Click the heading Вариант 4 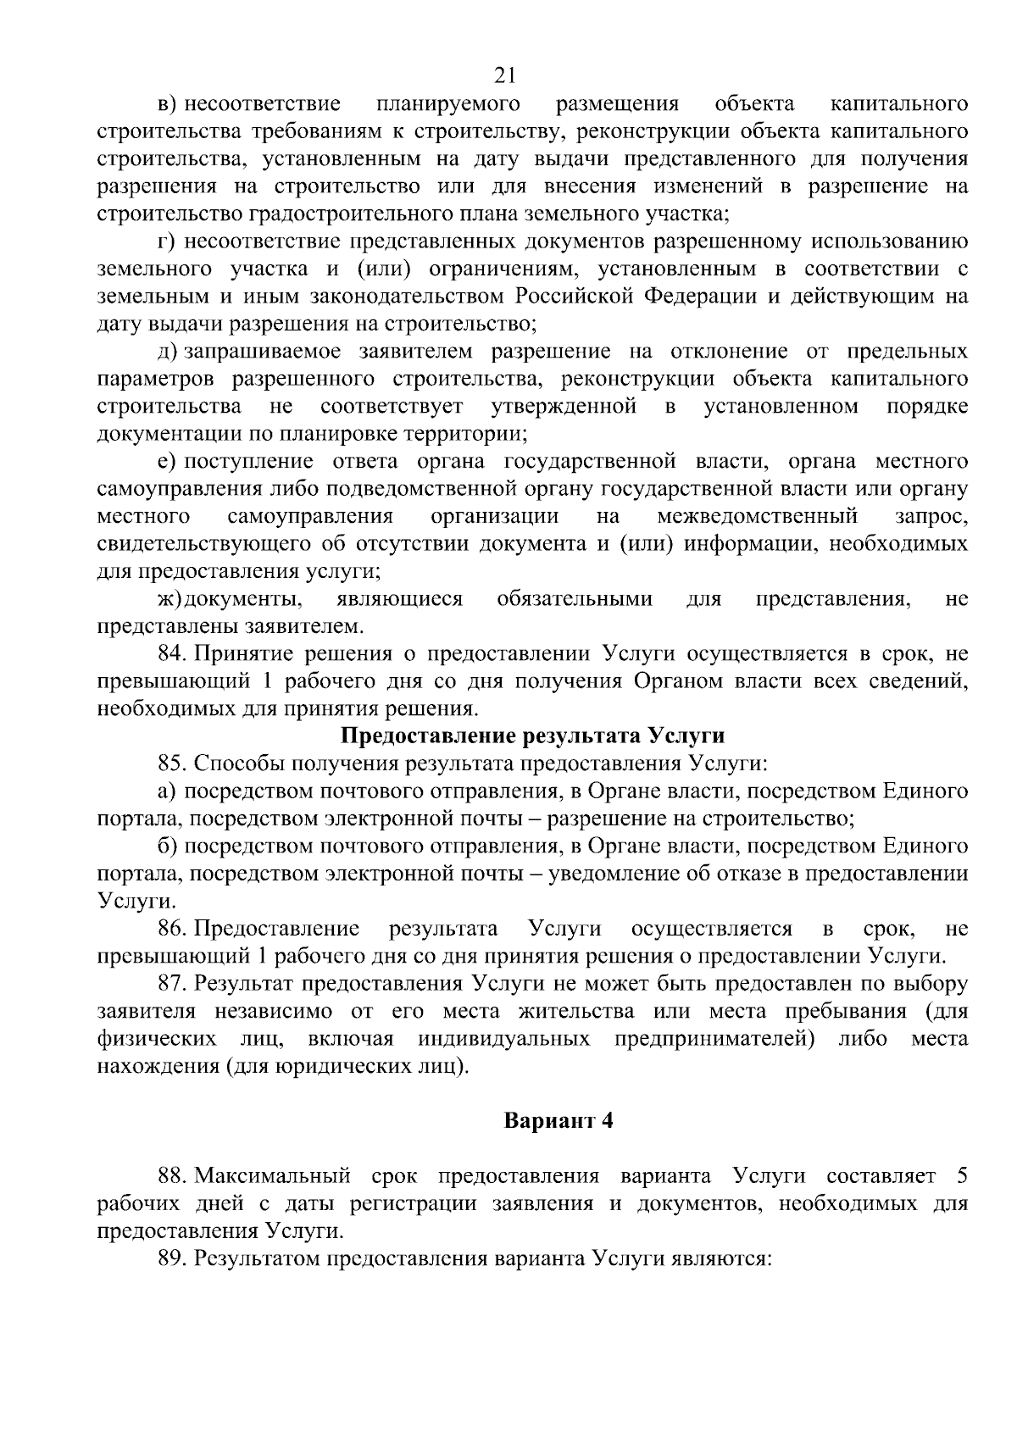click(x=558, y=1121)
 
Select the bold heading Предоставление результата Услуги click(x=533, y=736)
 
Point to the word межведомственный click(x=757, y=516)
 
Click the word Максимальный click(x=272, y=1176)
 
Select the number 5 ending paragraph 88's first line click(x=961, y=1176)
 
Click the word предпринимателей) click(x=714, y=1039)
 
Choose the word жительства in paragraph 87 click(x=581, y=1012)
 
